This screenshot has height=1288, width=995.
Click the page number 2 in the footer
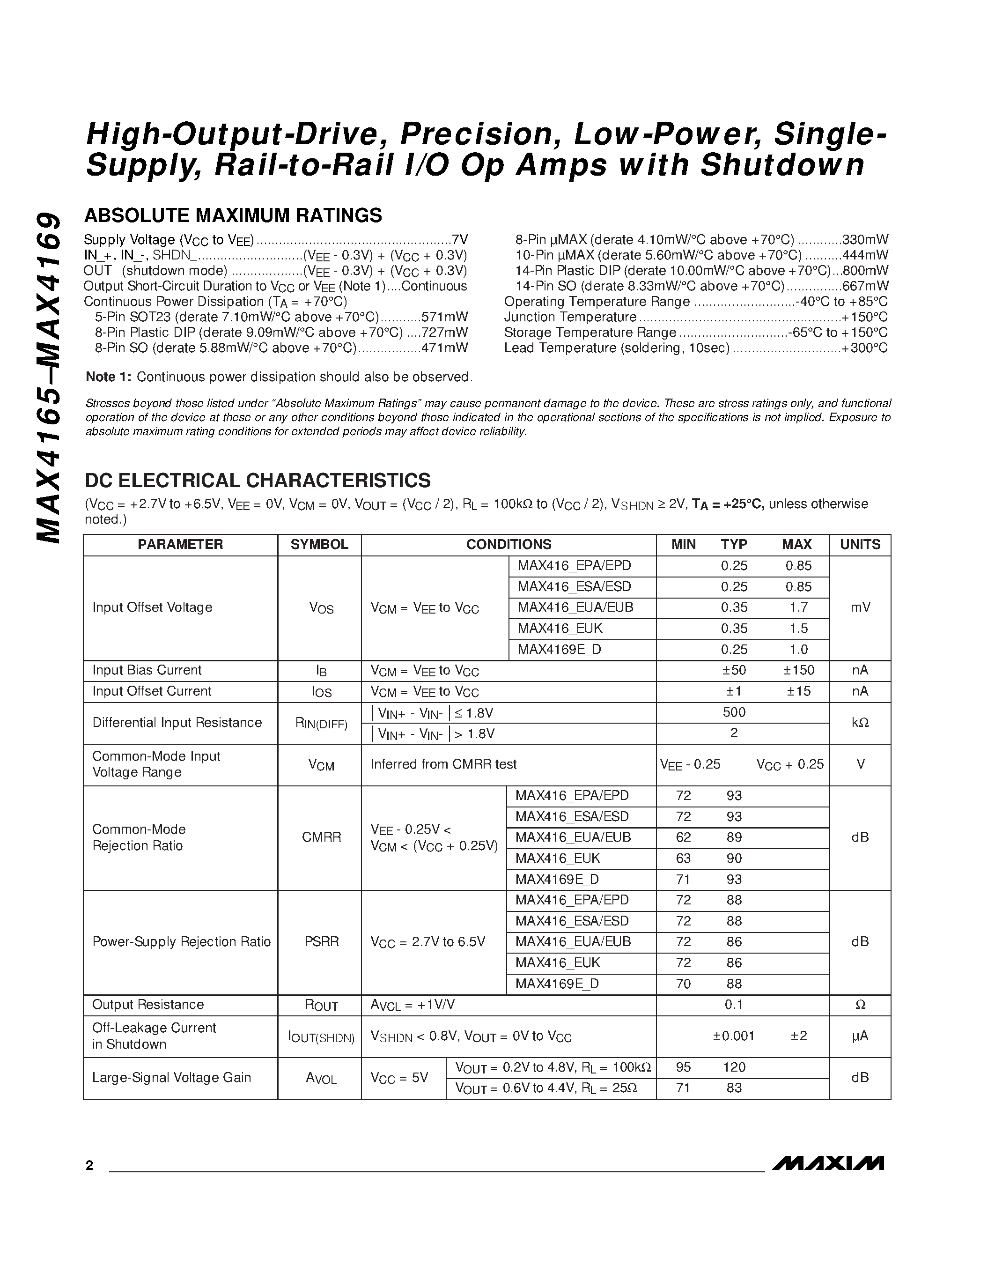point(89,1165)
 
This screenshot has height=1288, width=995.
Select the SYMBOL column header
point(319,544)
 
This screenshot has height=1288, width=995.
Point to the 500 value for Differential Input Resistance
point(734,712)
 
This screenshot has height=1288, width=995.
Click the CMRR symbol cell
point(321,837)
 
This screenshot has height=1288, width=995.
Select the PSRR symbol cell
point(321,941)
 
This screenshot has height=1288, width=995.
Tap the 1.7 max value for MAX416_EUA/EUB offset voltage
point(798,607)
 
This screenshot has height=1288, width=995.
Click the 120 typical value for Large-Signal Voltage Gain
point(734,1067)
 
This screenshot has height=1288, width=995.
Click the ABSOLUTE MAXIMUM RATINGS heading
point(233,215)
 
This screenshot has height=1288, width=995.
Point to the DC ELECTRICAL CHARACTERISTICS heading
point(258,480)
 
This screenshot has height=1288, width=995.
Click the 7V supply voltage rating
point(459,239)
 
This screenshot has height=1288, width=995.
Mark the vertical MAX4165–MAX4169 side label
point(48,378)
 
